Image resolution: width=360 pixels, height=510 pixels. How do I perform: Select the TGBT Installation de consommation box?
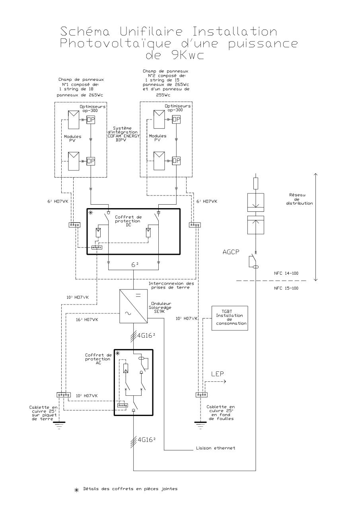(x=229, y=318)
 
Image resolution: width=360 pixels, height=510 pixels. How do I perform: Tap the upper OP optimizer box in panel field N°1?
(x=91, y=120)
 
